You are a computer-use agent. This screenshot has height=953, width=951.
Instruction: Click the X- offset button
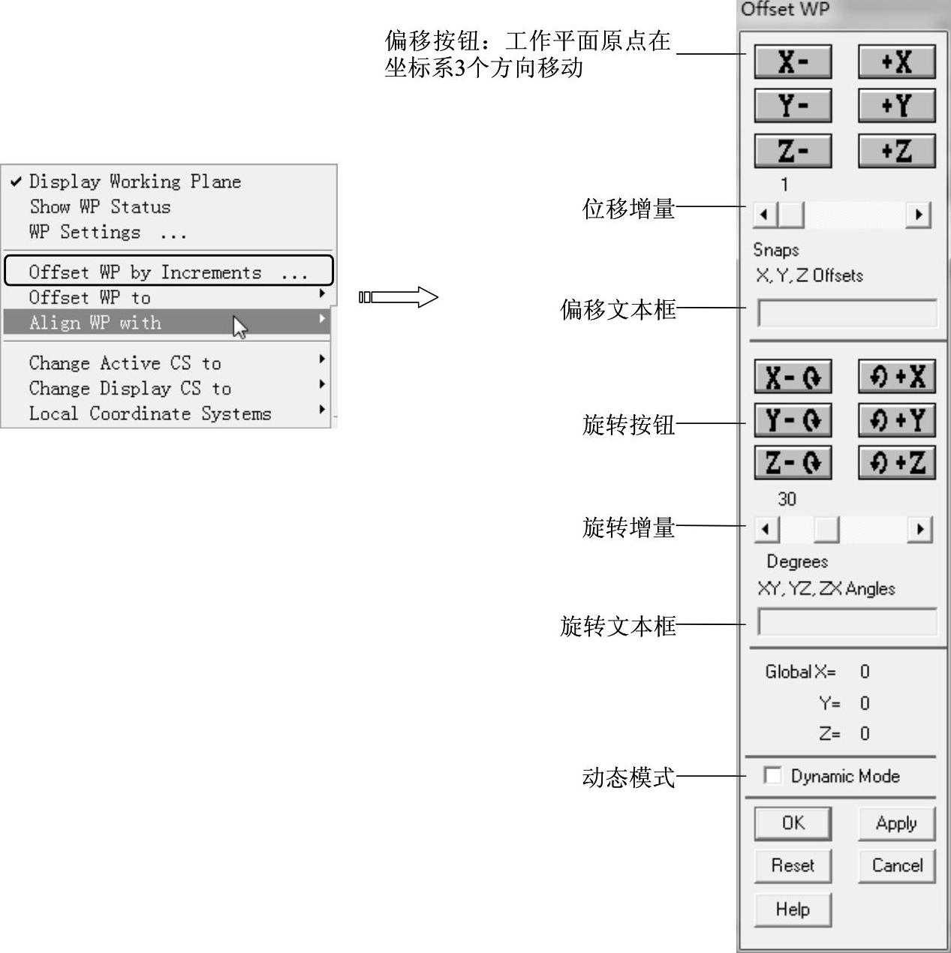[793, 62]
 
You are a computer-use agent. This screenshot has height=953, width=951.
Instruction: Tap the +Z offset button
[896, 151]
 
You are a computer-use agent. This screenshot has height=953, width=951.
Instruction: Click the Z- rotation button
[793, 462]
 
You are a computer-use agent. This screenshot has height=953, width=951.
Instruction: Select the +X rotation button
[896, 376]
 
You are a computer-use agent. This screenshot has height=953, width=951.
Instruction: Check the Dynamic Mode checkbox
[772, 775]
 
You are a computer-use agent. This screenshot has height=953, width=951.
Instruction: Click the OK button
[793, 823]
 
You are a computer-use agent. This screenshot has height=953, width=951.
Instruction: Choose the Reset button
[793, 865]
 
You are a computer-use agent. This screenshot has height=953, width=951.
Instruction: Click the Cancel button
[896, 865]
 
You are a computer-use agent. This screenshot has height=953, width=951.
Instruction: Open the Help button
[793, 909]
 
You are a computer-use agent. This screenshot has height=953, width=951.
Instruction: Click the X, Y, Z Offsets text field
[847, 313]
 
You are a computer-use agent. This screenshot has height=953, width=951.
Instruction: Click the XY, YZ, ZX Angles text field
[847, 622]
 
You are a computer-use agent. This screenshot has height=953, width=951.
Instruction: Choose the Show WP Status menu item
[100, 206]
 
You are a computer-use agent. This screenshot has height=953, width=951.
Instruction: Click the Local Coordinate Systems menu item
[150, 413]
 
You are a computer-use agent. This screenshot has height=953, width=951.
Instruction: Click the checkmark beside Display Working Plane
[16, 181]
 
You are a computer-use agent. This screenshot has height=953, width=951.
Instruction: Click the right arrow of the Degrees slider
[919, 530]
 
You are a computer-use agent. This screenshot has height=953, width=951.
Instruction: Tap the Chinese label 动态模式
[628, 777]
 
